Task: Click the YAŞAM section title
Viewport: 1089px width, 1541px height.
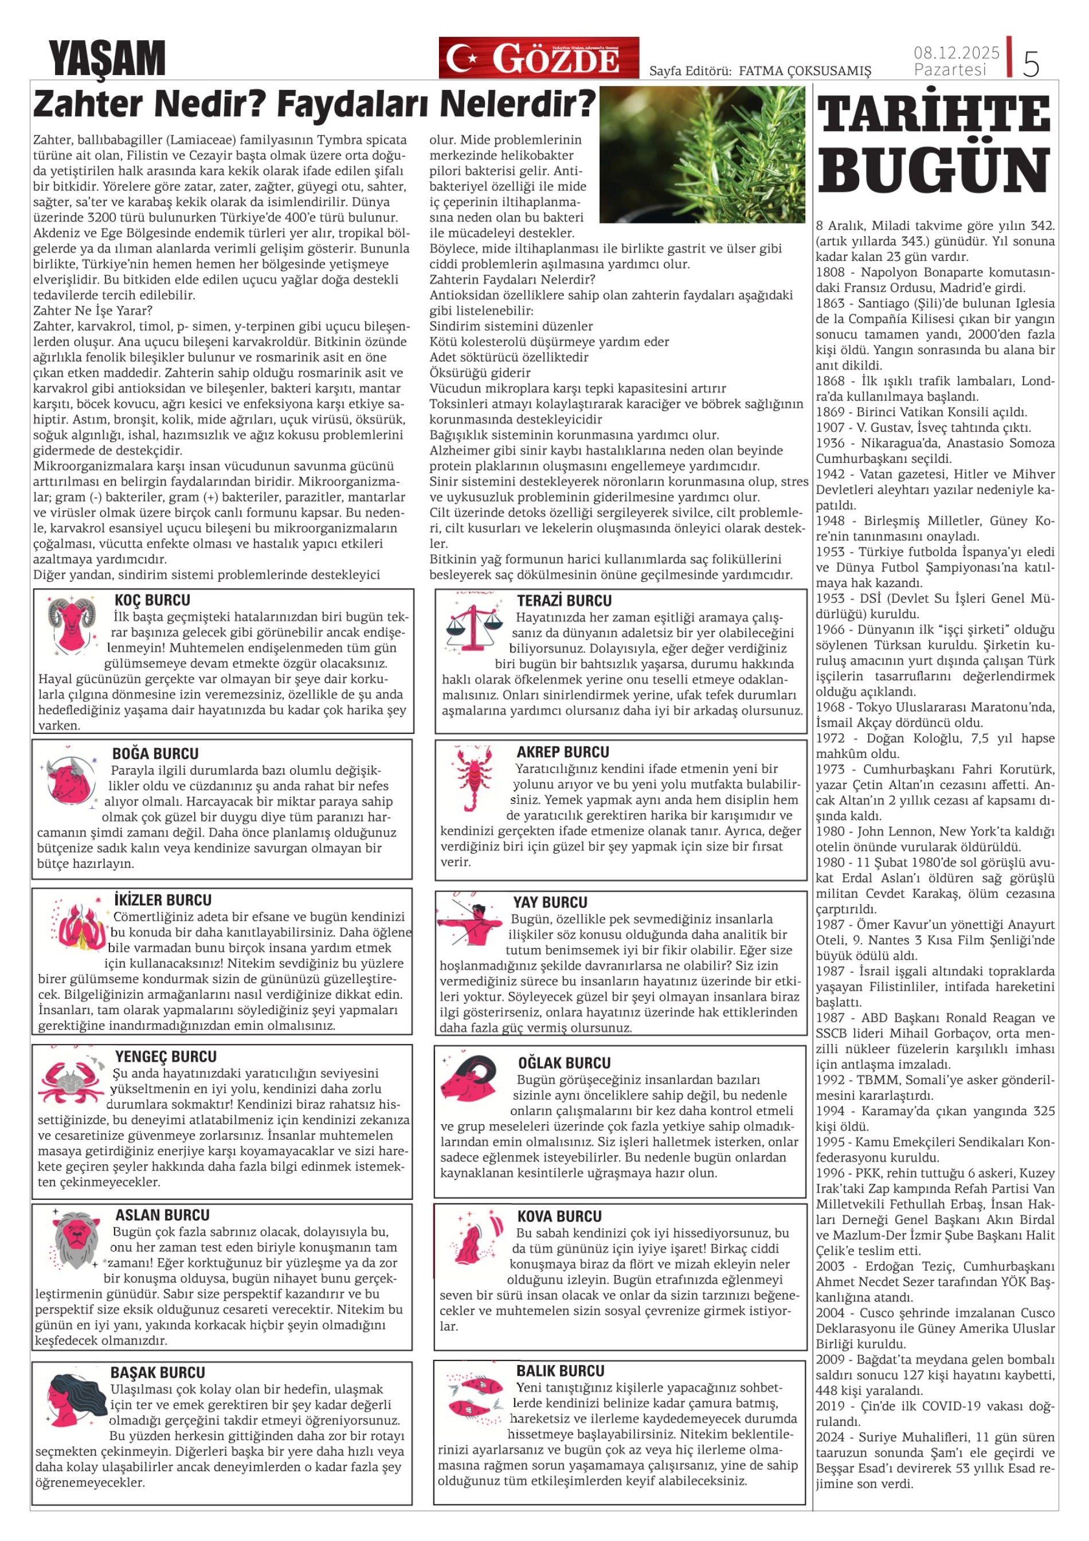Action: click(x=107, y=58)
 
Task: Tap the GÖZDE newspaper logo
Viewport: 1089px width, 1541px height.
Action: click(x=539, y=58)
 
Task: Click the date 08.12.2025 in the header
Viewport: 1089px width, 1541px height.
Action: click(x=956, y=52)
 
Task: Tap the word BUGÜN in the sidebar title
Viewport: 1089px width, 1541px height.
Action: click(x=933, y=171)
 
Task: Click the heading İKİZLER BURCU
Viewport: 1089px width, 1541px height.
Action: click(x=162, y=901)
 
